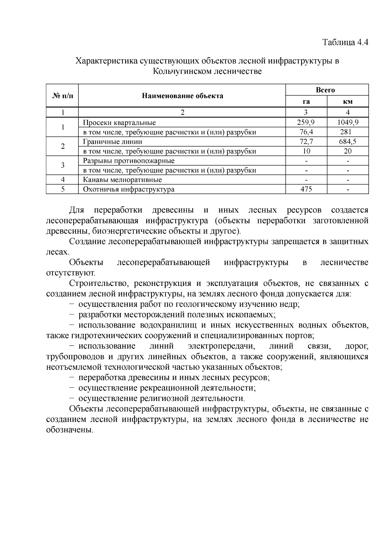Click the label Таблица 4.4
coord(345,42)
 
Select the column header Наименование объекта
coord(182,96)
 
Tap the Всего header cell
coord(327,90)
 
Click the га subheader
coord(306,102)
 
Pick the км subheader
coord(348,102)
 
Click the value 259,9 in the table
coord(306,122)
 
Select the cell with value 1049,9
coord(348,122)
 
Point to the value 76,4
coord(306,132)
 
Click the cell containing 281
coord(348,132)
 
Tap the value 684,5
coord(348,142)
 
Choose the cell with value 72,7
coord(306,142)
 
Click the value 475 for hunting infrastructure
coord(306,189)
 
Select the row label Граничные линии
coord(112,142)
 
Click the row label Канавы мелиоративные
coord(122,180)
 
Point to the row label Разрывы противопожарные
coord(129,161)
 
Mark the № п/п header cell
coord(62,96)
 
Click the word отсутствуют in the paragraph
coord(70,273)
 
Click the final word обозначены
coord(69,430)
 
